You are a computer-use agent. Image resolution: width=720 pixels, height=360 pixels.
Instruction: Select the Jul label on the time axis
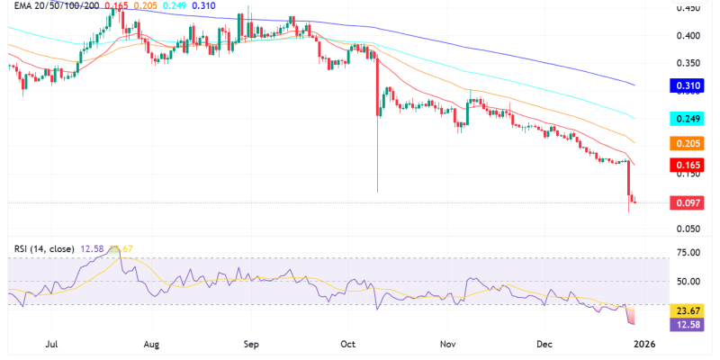[x=51, y=344]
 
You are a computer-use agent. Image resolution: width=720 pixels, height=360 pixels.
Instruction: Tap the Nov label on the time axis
[x=447, y=344]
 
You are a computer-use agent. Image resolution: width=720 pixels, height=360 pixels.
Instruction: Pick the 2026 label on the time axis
[x=644, y=344]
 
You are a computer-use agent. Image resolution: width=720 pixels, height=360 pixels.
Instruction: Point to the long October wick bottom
[x=377, y=192]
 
